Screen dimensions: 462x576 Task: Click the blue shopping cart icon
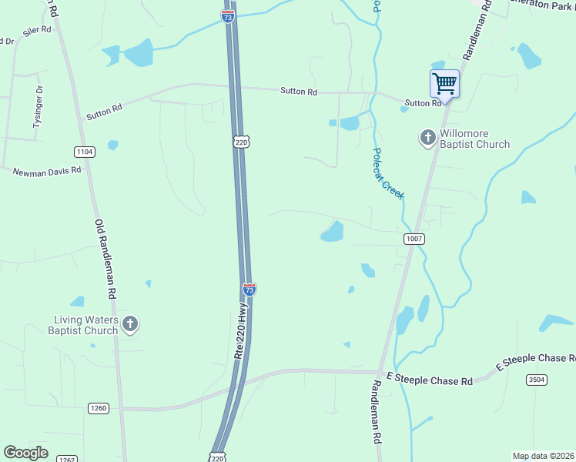coord(444,82)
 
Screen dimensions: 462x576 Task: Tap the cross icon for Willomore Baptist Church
coord(427,138)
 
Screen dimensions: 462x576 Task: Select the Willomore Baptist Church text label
coord(474,139)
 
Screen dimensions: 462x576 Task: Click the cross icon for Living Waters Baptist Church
coord(130,325)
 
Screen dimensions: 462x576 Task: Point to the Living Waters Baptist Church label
coord(85,325)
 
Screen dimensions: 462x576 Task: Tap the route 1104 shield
coord(85,152)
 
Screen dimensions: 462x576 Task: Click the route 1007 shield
coord(414,239)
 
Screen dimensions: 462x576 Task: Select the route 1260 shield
coord(98,408)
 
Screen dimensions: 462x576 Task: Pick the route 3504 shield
coord(537,380)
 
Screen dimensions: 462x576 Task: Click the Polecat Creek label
coord(387,174)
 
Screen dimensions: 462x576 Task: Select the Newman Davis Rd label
coord(46,171)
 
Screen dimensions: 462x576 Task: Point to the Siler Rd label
coord(36,30)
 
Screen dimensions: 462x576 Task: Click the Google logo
coord(25,453)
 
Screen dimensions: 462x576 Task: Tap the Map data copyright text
coord(544,456)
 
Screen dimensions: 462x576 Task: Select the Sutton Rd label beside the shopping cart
coord(423,102)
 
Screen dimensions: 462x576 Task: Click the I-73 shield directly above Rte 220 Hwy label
coord(249,289)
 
